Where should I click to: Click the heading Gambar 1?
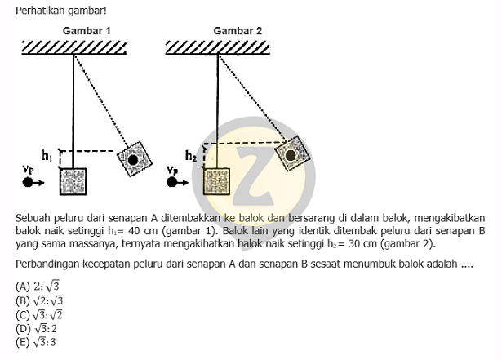[x=87, y=31]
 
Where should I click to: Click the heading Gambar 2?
[x=238, y=31]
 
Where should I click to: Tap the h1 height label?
[x=47, y=156]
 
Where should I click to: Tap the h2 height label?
[x=191, y=156]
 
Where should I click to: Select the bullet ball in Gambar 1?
[x=28, y=182]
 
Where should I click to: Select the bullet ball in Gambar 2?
[x=172, y=182]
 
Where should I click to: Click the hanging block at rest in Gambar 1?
[x=73, y=181]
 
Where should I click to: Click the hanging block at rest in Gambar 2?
[x=217, y=181]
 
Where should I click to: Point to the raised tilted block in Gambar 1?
[x=134, y=159]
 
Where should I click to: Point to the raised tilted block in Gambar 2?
[x=292, y=153]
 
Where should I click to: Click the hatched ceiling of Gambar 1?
[x=74, y=47]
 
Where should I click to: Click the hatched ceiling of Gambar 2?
[x=218, y=47]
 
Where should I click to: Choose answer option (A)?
[x=38, y=286]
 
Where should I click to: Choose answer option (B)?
[x=40, y=300]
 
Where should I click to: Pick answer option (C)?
[x=39, y=315]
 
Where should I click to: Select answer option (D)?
[x=36, y=329]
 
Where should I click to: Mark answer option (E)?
[x=36, y=342]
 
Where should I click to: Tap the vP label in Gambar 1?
[x=29, y=170]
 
